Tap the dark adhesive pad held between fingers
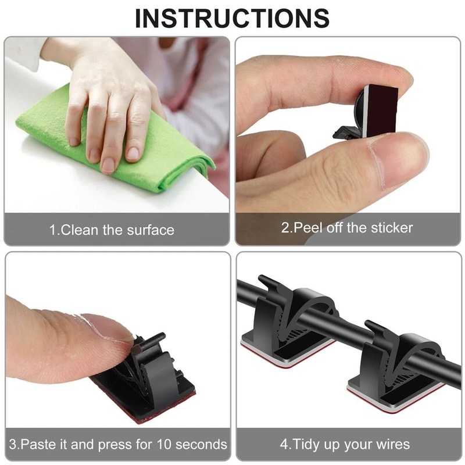coord(381,108)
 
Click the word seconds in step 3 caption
coord(201,445)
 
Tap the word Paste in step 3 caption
coord(41,445)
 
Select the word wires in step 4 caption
coord(391,445)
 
